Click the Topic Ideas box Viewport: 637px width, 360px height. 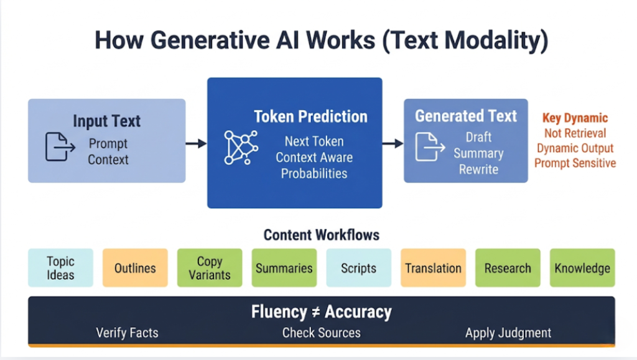click(x=60, y=268)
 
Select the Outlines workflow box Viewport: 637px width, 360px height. click(x=135, y=268)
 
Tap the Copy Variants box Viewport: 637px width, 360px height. click(x=210, y=268)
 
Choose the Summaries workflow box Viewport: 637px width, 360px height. click(x=284, y=268)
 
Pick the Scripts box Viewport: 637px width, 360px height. click(x=359, y=268)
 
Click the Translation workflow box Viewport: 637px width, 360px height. click(x=433, y=268)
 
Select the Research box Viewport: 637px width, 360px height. click(x=508, y=268)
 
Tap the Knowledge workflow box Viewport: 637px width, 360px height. click(x=582, y=268)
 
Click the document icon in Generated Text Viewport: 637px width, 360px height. click(x=430, y=147)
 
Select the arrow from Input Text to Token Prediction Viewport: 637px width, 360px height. click(x=197, y=144)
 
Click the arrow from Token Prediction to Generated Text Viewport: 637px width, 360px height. click(x=393, y=144)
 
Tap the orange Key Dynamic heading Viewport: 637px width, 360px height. click(x=575, y=118)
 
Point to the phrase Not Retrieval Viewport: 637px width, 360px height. click(x=575, y=133)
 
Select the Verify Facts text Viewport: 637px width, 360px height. click(x=127, y=333)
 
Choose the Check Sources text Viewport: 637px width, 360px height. click(x=321, y=333)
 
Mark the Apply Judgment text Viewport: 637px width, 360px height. click(x=508, y=333)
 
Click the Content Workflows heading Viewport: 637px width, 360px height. click(x=321, y=235)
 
